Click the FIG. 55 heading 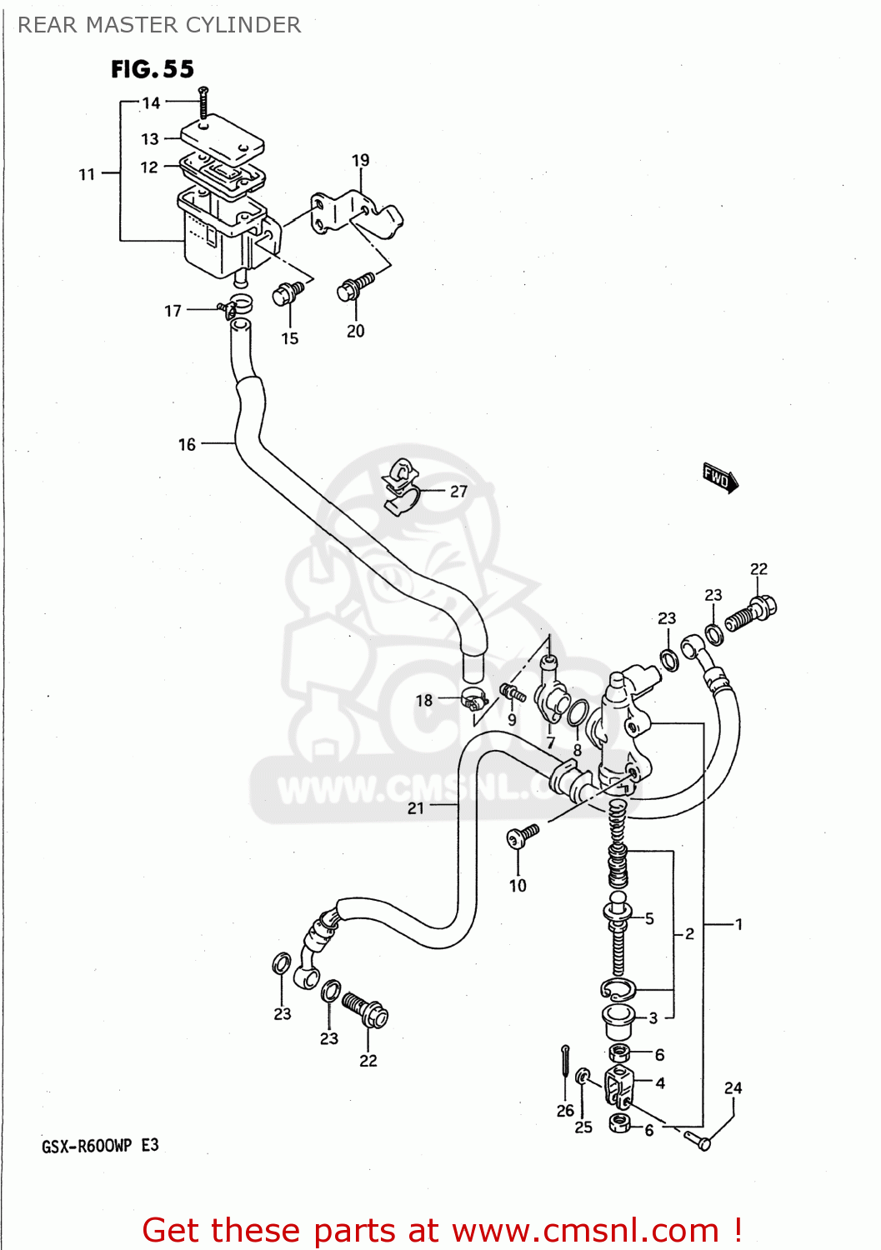pos(153,69)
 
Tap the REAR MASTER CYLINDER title pos(159,25)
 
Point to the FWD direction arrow pos(719,477)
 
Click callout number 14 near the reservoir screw pos(151,103)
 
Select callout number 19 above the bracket pos(360,160)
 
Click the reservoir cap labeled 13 pos(223,137)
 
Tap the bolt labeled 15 pos(288,292)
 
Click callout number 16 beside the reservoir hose pos(187,444)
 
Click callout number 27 pos(458,492)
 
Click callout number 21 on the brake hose pos(415,807)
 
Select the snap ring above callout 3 pos(618,989)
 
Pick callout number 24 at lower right pos(733,1087)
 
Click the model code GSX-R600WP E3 pos(100,1146)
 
